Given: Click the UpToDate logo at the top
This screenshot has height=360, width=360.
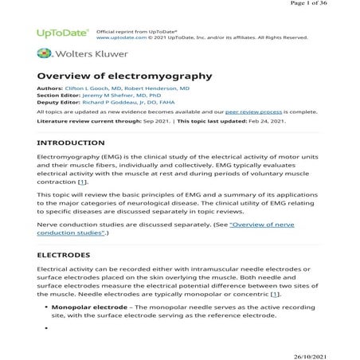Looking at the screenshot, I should point(63,33).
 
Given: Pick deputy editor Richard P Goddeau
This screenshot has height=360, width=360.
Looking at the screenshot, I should point(131,104).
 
